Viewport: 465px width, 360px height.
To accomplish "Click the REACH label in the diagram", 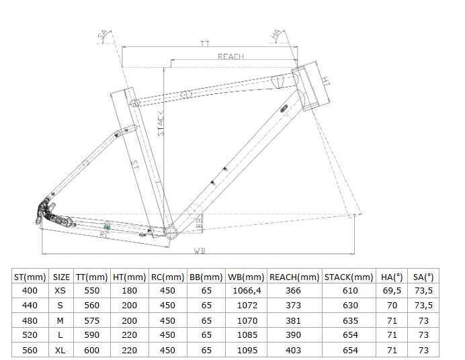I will click(230, 57).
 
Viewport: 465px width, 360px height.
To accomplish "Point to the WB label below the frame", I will click(200, 252).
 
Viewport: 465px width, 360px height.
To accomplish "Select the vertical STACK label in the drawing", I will click(161, 124).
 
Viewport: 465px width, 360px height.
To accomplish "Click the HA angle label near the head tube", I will click(276, 34).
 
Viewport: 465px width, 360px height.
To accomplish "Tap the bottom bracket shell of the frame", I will click(171, 233).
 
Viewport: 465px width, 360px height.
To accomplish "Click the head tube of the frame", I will click(310, 88).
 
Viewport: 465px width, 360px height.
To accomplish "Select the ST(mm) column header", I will click(30, 276).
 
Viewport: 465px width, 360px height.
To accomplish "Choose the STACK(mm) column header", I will click(348, 276).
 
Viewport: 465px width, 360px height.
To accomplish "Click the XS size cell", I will click(61, 290).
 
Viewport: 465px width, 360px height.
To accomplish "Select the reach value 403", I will click(294, 349).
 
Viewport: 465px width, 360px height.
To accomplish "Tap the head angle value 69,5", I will click(392, 290).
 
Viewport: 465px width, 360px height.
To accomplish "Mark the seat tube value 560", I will click(30, 349).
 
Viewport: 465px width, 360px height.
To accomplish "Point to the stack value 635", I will click(348, 320).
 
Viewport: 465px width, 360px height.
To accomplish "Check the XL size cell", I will click(61, 349).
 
